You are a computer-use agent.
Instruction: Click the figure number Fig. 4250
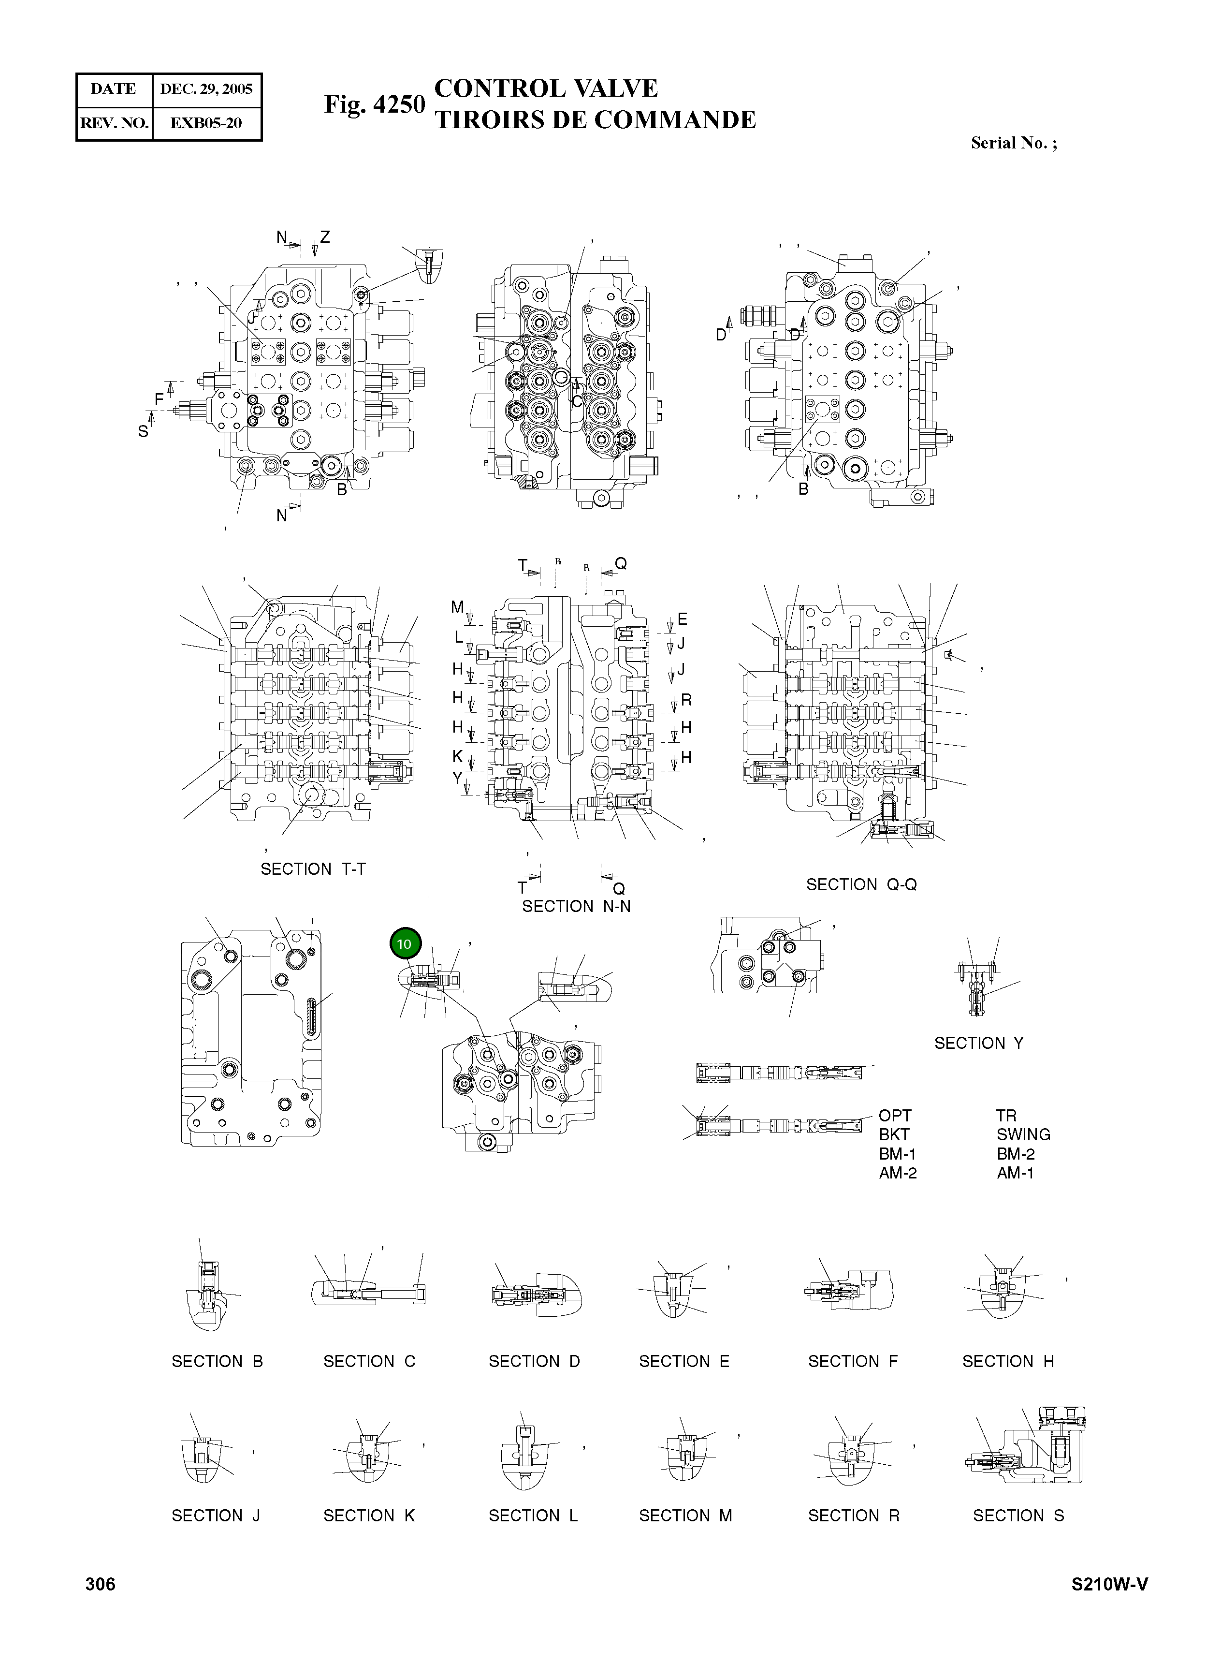[x=375, y=105]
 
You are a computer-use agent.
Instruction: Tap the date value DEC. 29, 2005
[x=206, y=89]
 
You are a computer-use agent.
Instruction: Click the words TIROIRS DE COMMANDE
[x=595, y=120]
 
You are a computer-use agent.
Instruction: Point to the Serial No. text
[x=1013, y=144]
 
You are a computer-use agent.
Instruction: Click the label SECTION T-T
[x=313, y=869]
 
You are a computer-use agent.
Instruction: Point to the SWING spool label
[x=1023, y=1134]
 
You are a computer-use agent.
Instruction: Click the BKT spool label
[x=894, y=1134]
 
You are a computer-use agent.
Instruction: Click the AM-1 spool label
[x=1015, y=1173]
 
